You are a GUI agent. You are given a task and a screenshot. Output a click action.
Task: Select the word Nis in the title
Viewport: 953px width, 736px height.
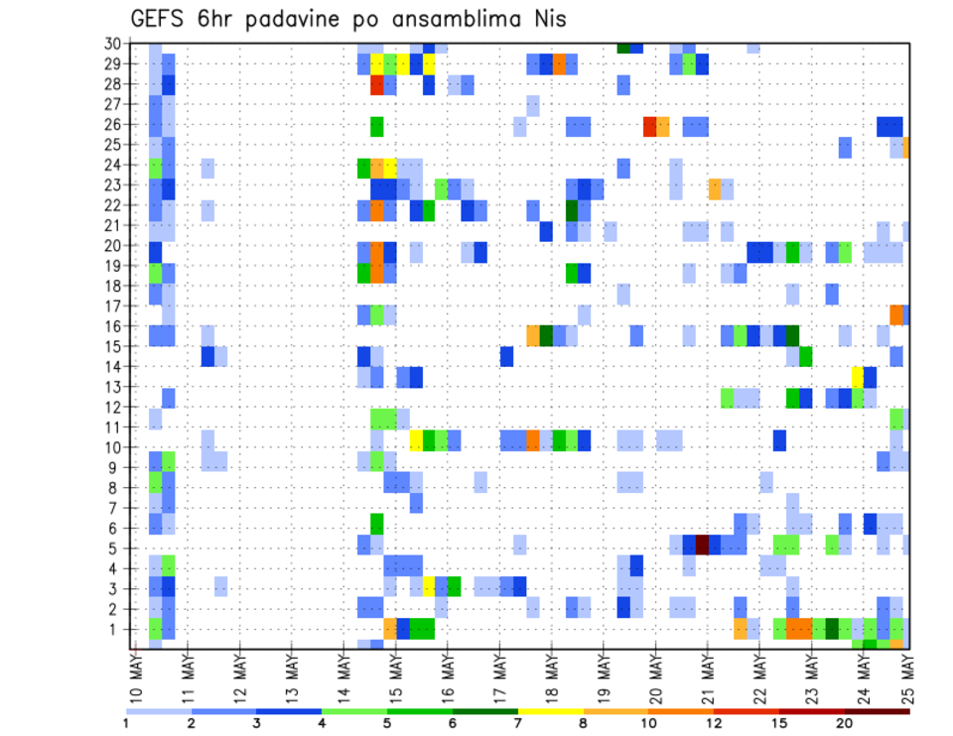(547, 19)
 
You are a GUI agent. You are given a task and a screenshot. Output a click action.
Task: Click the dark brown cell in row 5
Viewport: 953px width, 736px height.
(702, 545)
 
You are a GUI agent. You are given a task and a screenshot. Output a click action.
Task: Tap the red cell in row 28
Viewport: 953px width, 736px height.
(377, 84)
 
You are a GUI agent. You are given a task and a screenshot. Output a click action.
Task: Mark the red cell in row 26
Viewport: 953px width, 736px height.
(649, 126)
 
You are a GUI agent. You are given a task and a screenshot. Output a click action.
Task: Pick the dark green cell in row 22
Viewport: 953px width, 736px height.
(572, 210)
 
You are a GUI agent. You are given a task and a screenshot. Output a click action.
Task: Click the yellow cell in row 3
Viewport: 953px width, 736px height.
(429, 586)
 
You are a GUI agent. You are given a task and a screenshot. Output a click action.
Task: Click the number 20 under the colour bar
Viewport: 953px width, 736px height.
(844, 723)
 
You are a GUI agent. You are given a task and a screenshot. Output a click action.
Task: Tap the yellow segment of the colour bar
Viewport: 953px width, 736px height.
(550, 711)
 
